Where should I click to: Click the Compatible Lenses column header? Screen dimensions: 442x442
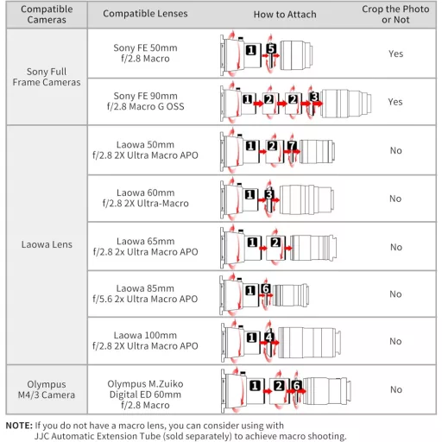click(x=145, y=14)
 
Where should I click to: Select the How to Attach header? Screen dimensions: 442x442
click(x=285, y=15)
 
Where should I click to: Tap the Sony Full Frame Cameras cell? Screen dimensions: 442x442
click(x=47, y=77)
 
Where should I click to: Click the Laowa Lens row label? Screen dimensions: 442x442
click(x=47, y=244)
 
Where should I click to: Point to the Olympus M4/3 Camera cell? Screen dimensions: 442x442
click(x=47, y=389)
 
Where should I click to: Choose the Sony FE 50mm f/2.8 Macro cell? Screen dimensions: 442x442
click(x=145, y=53)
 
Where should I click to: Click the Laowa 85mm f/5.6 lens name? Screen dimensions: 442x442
click(x=145, y=294)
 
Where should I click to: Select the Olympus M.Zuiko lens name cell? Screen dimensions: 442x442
click(x=145, y=395)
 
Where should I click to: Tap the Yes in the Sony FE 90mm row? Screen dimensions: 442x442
click(x=395, y=102)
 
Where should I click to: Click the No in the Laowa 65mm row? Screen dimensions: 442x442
click(x=396, y=247)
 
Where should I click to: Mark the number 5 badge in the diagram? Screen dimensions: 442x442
click(x=271, y=48)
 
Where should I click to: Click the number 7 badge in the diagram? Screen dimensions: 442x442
click(x=292, y=145)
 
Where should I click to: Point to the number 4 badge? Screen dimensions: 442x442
click(x=268, y=337)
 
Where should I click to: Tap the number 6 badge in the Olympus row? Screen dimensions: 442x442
click(x=296, y=385)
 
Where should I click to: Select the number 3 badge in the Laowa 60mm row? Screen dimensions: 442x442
click(x=268, y=194)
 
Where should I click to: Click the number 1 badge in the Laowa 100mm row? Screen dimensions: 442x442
click(x=251, y=338)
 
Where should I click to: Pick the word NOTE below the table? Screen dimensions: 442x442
click(x=19, y=426)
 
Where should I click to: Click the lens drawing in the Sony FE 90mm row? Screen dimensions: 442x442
click(x=346, y=104)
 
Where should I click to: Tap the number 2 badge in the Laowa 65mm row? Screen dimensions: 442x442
click(x=275, y=243)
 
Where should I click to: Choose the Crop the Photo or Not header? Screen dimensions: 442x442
click(x=395, y=15)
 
